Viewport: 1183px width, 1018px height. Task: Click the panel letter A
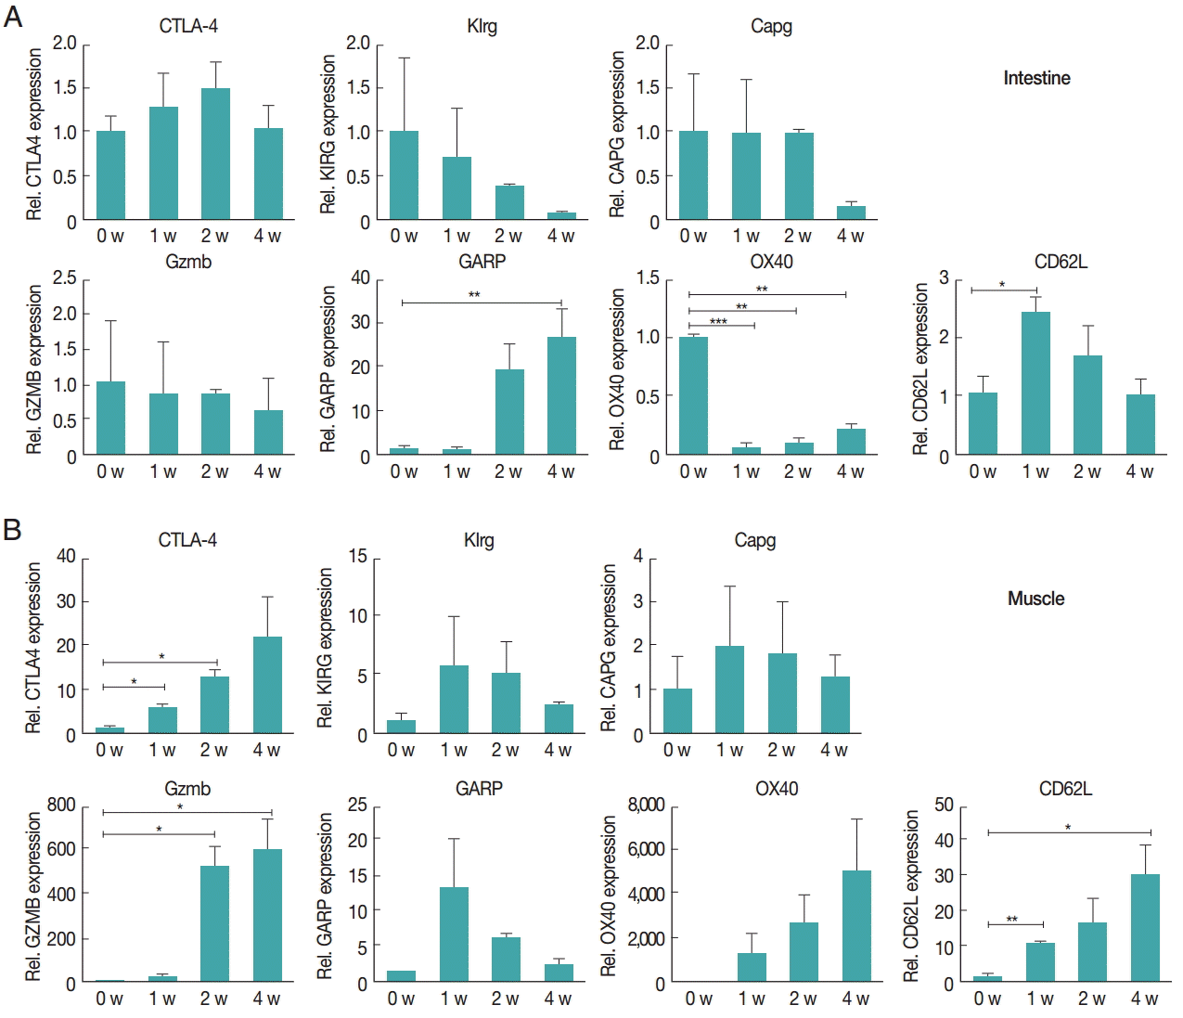click(x=13, y=17)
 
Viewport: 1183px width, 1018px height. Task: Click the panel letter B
click(x=13, y=530)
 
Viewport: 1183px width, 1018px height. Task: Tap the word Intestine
click(x=1036, y=78)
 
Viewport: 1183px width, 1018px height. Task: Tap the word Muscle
click(x=1035, y=599)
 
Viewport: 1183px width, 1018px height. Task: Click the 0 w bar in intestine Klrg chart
click(x=404, y=175)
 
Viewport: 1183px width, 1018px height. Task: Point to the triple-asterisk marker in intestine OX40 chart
click(x=718, y=321)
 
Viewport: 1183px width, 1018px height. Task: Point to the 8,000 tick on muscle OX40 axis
click(x=646, y=805)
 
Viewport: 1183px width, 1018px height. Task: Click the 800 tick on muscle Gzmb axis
click(x=61, y=805)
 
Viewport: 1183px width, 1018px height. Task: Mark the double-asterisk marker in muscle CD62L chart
click(x=1012, y=920)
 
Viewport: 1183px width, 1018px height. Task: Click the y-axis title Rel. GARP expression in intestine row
click(x=328, y=368)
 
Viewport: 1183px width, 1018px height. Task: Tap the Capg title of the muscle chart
click(x=754, y=540)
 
